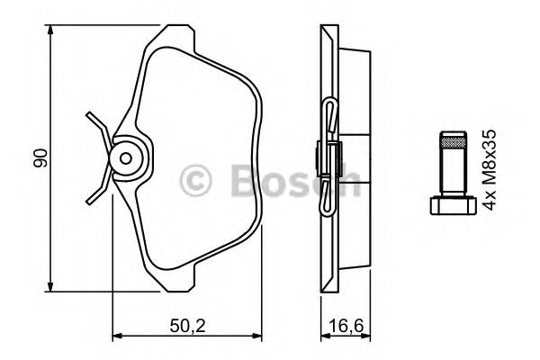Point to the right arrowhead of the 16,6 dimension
click(x=367, y=338)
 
